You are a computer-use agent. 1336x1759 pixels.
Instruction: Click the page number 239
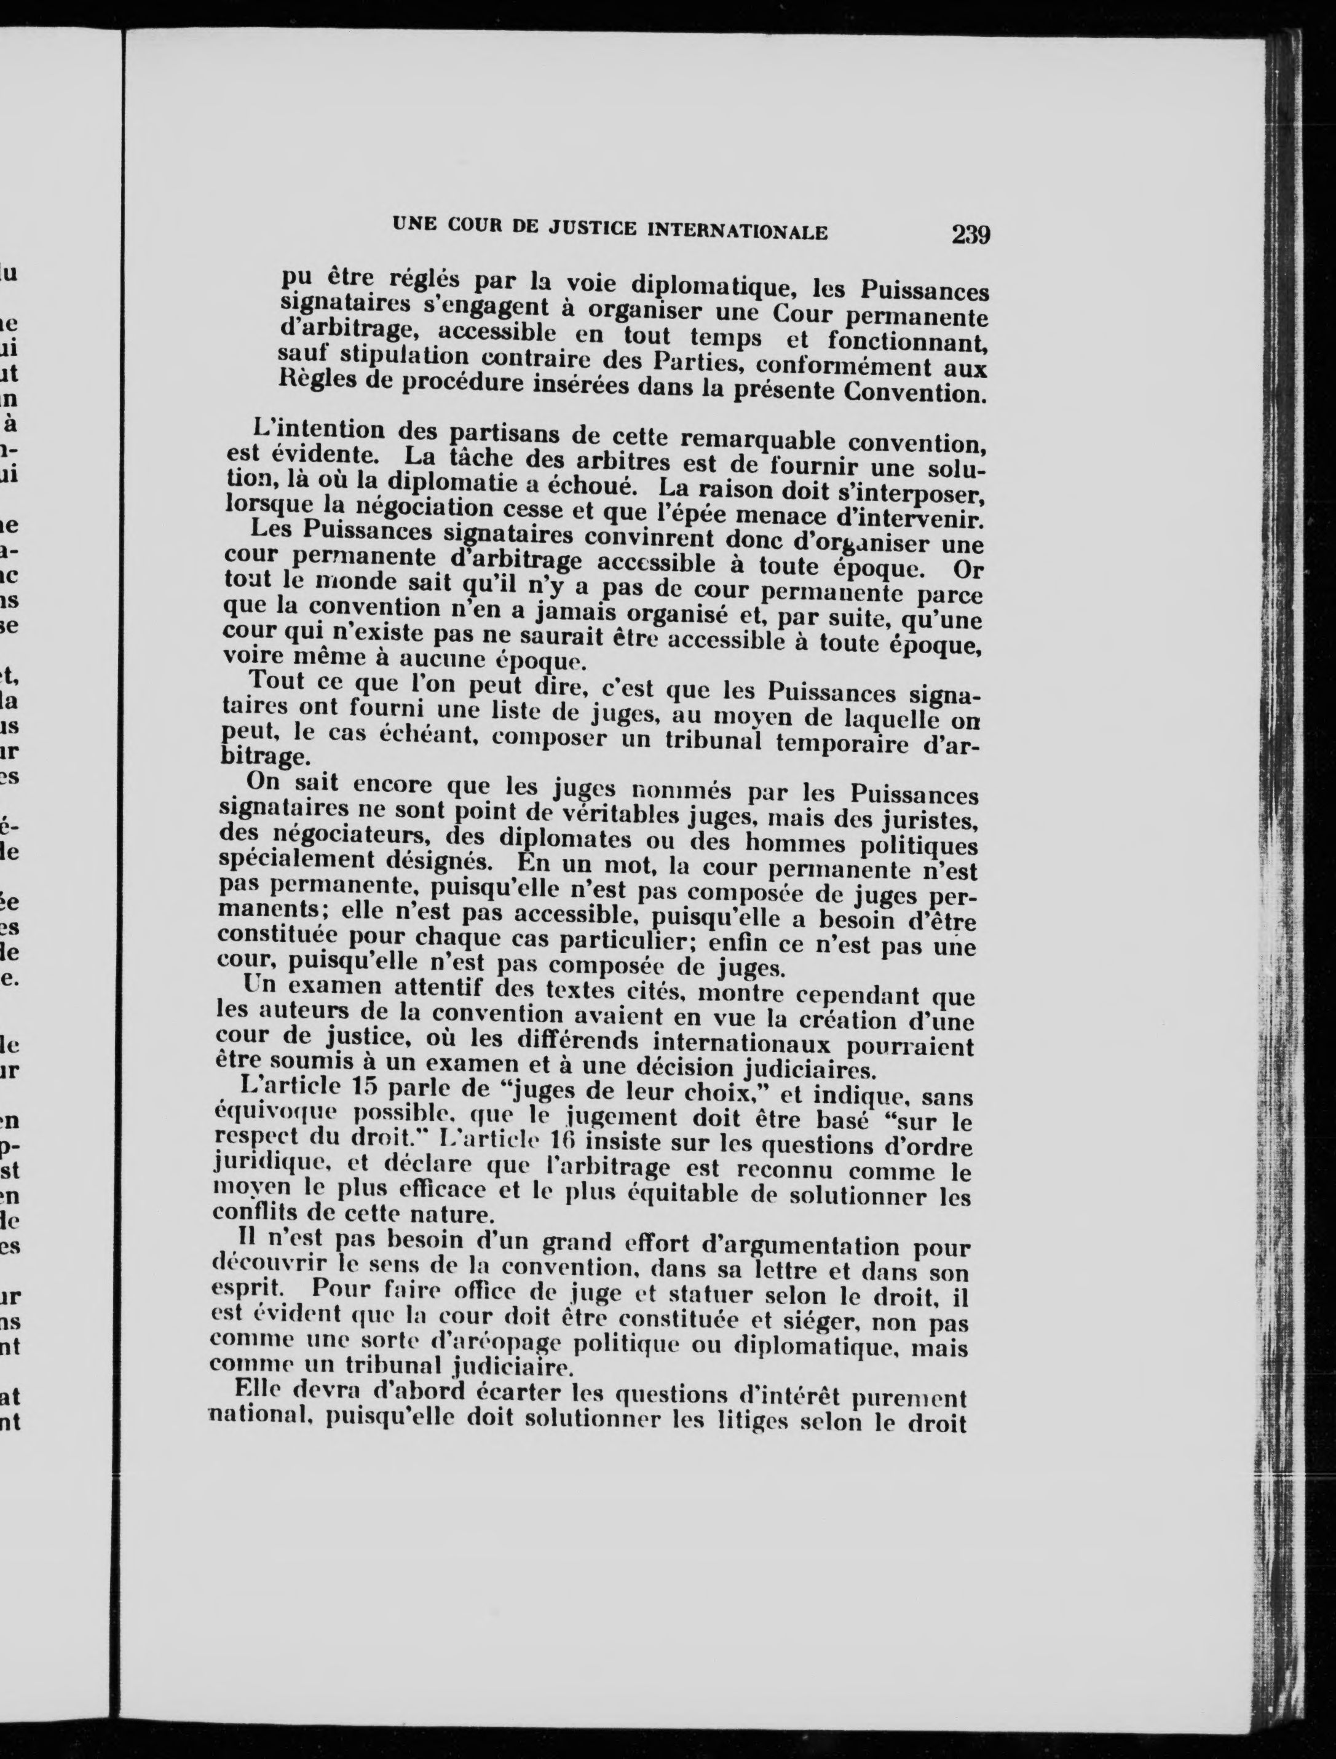pyautogui.click(x=970, y=235)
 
